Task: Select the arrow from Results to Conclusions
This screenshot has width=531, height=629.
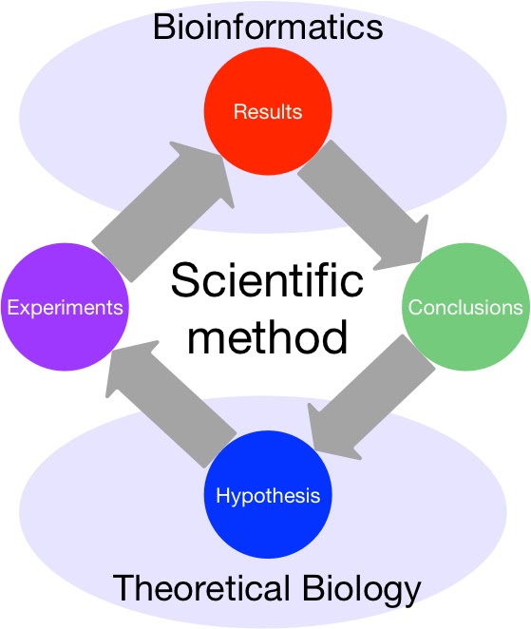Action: [366, 203]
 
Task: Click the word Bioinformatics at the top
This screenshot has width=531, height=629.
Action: [268, 26]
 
